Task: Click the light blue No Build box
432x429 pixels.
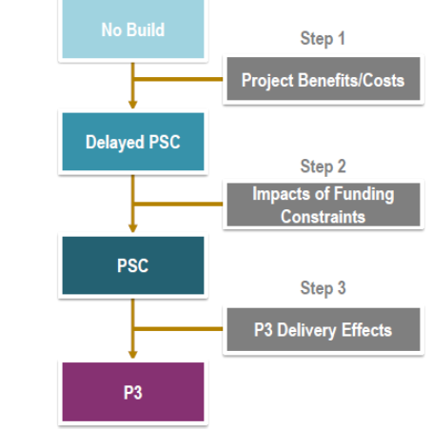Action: [x=133, y=29]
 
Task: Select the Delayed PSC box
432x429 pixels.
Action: [x=133, y=142]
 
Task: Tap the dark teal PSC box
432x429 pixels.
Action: [x=133, y=265]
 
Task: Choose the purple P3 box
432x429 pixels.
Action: [x=133, y=392]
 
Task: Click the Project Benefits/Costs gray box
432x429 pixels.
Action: [x=324, y=79]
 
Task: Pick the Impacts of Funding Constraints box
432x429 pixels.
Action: [x=324, y=205]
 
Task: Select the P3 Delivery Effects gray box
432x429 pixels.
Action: [x=324, y=329]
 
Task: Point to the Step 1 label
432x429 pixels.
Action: [x=323, y=39]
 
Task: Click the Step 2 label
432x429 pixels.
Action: [x=323, y=166]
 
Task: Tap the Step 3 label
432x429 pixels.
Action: [x=323, y=288]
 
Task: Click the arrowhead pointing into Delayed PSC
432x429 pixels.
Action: [x=133, y=105]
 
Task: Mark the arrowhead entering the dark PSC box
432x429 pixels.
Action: [x=133, y=228]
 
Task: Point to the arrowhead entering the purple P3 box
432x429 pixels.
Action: [x=133, y=355]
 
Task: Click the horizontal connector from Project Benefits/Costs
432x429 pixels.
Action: [x=179, y=79]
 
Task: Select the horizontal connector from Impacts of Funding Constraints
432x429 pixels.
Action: [x=179, y=204]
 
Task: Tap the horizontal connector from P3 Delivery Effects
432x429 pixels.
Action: [x=179, y=329]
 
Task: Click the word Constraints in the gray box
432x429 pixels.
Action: [x=323, y=217]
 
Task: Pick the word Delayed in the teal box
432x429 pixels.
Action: [x=115, y=143]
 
